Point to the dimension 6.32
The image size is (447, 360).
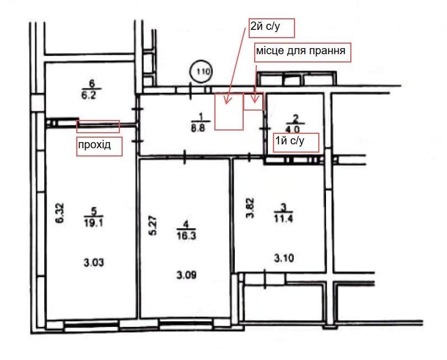click(x=60, y=213)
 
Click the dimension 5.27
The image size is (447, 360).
click(x=153, y=226)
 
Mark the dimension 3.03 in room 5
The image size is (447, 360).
click(x=94, y=263)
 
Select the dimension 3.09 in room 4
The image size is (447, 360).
click(x=186, y=275)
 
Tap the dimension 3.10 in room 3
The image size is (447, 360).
click(x=284, y=258)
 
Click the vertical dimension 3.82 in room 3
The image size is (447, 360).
click(x=250, y=208)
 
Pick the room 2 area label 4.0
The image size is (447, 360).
click(x=293, y=130)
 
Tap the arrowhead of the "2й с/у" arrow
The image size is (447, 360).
click(x=227, y=101)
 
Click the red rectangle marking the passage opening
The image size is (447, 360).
click(x=98, y=127)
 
